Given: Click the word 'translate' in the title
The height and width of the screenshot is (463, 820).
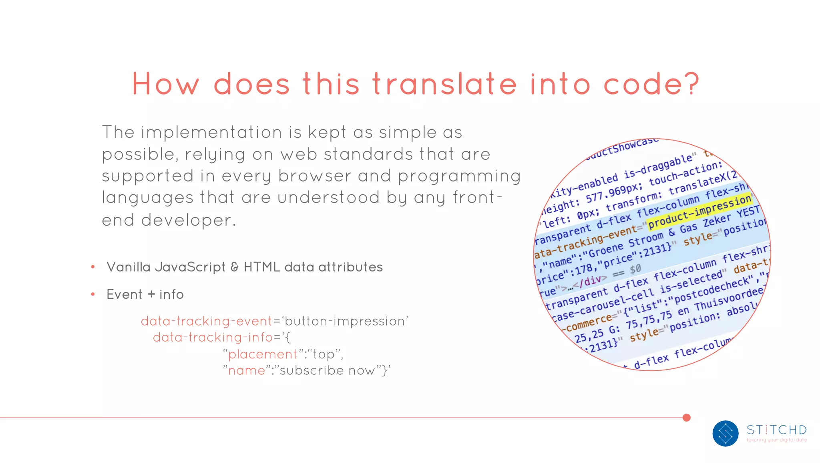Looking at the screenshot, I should (x=444, y=84).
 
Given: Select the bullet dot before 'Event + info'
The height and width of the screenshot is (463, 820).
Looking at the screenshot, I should (x=93, y=294).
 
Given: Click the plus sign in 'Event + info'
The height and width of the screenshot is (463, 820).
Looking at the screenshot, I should (x=151, y=295).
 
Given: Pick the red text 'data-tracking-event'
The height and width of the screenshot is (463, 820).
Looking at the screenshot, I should (x=207, y=321).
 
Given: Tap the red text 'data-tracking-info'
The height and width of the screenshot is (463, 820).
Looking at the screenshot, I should (x=213, y=338).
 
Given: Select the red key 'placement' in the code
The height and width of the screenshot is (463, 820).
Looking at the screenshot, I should (x=263, y=354).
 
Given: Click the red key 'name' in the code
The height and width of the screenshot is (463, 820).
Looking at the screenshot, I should (x=246, y=370).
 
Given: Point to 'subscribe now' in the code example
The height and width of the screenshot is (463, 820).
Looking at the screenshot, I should (x=328, y=370).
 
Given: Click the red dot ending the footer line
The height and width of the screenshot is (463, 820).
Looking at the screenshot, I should (x=687, y=418).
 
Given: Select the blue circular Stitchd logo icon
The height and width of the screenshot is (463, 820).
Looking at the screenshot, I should (x=725, y=433).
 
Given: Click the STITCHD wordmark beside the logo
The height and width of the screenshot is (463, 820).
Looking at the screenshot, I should (x=776, y=430).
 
